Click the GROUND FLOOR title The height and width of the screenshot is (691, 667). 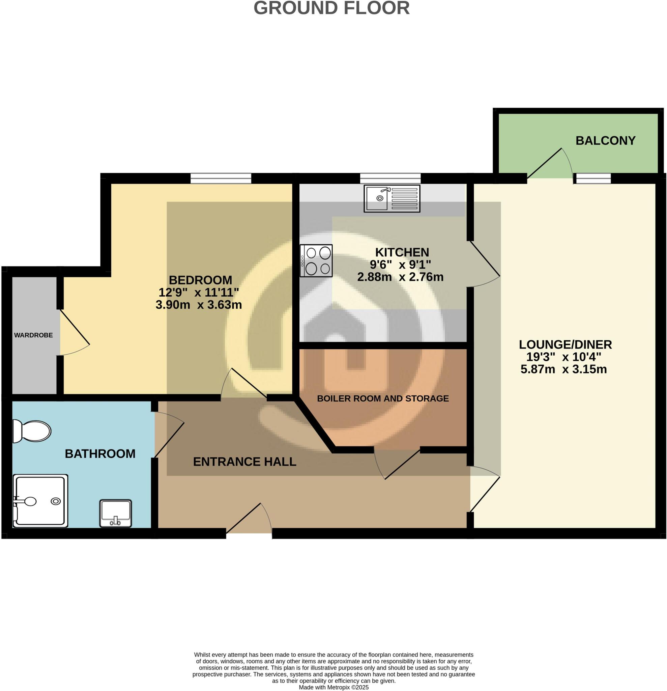[331, 8]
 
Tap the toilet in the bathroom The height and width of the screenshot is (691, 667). [32, 431]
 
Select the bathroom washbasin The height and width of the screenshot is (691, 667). [116, 513]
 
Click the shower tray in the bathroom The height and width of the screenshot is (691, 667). [40, 501]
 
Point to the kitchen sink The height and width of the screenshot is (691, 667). [392, 198]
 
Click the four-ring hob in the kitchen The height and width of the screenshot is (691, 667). [316, 260]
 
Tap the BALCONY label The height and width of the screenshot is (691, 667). [605, 141]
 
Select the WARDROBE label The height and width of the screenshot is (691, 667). [33, 335]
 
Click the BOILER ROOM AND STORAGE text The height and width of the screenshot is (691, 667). [383, 398]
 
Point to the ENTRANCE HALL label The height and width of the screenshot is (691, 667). [244, 462]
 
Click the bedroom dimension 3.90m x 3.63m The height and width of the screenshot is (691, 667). [199, 305]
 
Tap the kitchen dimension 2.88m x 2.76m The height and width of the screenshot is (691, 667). [400, 277]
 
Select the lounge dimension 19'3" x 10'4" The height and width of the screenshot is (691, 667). [563, 357]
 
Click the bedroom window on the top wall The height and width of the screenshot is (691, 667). [221, 178]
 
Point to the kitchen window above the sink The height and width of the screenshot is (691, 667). [390, 178]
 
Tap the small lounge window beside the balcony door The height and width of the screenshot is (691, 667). [593, 178]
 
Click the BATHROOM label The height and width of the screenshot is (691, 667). [100, 453]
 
